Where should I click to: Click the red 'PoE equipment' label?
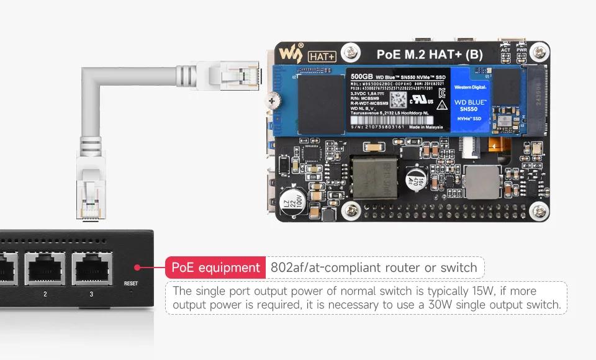pos(215,268)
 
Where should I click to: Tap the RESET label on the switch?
pos(131,284)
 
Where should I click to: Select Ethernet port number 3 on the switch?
pos(91,269)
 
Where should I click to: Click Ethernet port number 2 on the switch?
pos(45,269)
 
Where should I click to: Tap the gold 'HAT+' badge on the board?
pos(322,56)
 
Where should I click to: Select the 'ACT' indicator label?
pos(506,50)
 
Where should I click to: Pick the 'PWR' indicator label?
pos(522,50)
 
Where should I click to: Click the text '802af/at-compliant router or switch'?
pos(374,268)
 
